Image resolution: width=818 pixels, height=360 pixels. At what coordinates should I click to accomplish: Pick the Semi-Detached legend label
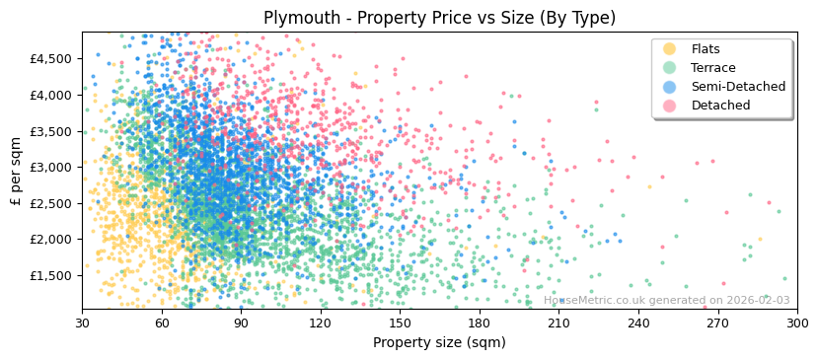click(738, 87)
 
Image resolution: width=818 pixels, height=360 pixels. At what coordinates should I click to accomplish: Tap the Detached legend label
click(720, 106)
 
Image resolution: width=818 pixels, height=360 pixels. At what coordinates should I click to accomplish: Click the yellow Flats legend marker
click(670, 49)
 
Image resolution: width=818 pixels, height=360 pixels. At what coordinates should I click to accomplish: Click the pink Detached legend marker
click(670, 106)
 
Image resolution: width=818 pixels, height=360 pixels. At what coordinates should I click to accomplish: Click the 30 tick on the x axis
click(82, 324)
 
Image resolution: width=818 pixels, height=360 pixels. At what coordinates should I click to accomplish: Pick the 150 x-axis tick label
click(400, 324)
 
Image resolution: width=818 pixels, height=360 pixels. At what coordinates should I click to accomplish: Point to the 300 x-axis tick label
click(797, 324)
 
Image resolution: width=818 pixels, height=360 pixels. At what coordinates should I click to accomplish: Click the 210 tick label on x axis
click(558, 324)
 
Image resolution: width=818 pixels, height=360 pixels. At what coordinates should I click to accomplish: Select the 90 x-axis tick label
click(241, 324)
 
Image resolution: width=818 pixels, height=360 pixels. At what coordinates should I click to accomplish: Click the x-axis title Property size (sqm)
click(439, 343)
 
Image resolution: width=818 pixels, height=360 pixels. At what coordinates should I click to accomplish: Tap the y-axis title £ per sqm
click(17, 171)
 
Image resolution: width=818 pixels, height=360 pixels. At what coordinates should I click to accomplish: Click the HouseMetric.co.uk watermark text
click(666, 301)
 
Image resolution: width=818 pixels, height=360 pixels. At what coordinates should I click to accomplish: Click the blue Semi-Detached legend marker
click(670, 87)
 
